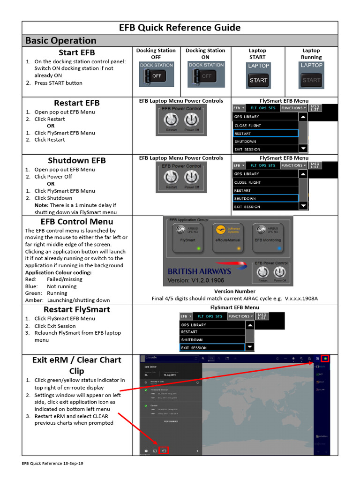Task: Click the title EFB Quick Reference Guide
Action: (x=180, y=28)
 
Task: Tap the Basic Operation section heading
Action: (x=60, y=40)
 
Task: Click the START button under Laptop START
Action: (x=258, y=80)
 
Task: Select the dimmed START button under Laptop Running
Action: (x=311, y=80)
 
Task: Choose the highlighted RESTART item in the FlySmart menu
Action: (x=265, y=134)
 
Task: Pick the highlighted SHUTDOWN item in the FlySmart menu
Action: (x=265, y=199)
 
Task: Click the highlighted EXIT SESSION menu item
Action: (x=212, y=348)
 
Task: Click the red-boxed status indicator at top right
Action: (x=325, y=359)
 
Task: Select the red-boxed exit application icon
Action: (x=164, y=451)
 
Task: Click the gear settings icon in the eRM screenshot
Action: (x=146, y=451)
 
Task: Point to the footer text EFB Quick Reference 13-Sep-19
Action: (x=53, y=463)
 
